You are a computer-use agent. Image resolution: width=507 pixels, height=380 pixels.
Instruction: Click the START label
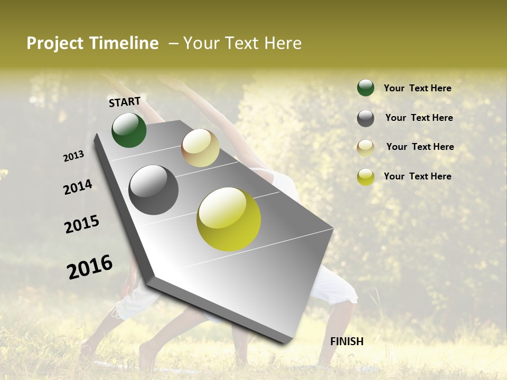click(125, 101)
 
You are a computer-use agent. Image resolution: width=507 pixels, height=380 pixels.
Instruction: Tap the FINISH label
click(347, 341)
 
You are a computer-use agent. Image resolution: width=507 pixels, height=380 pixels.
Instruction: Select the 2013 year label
click(74, 156)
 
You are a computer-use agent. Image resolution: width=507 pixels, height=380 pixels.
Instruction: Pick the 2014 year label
click(78, 187)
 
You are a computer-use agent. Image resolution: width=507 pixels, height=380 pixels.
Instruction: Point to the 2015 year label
click(82, 224)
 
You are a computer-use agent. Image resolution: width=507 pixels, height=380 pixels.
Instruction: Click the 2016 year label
click(90, 267)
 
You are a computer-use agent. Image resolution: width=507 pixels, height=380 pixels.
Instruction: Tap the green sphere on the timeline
click(129, 130)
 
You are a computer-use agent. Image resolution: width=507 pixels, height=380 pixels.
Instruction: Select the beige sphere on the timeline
click(200, 148)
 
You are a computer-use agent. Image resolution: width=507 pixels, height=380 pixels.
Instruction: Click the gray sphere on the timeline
click(154, 190)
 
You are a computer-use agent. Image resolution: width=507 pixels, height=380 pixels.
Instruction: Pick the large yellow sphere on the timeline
click(229, 219)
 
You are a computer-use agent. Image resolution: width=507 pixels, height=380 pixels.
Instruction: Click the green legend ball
click(365, 88)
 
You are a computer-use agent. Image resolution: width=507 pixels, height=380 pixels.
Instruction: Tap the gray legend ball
click(365, 118)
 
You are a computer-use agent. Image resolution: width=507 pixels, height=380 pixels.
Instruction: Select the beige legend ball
click(365, 148)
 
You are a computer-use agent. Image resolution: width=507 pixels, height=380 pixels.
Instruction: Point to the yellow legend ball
click(365, 177)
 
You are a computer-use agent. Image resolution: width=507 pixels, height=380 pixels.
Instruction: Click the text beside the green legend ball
click(417, 88)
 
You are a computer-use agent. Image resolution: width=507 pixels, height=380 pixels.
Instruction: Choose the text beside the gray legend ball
click(419, 118)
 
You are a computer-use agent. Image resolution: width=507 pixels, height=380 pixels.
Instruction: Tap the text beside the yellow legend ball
click(417, 176)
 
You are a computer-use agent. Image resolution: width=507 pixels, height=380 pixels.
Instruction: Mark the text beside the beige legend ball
click(420, 147)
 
